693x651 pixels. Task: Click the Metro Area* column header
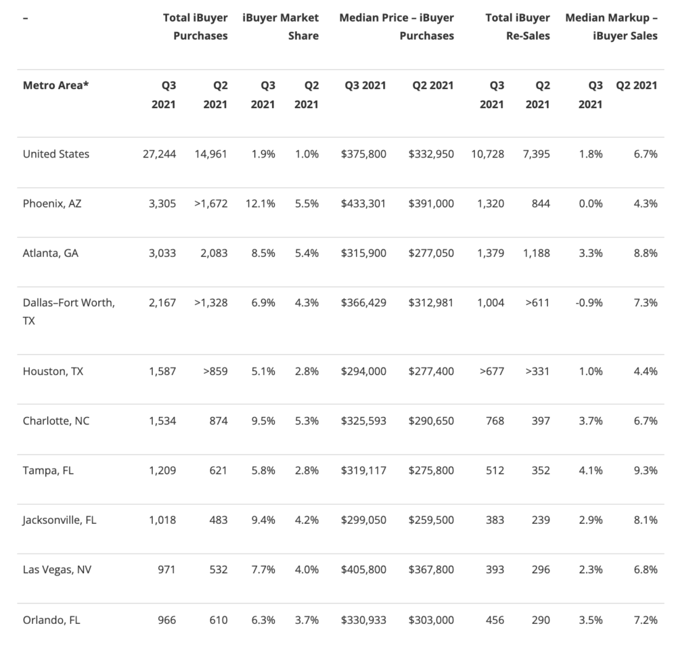tap(55, 85)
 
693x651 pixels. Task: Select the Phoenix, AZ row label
tap(52, 203)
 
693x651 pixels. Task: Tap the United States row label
tap(56, 154)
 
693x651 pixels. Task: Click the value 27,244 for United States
tap(159, 154)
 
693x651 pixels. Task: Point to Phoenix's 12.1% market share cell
tap(259, 203)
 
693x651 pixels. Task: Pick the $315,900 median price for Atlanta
tap(363, 253)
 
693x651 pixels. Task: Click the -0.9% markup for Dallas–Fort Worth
tap(589, 303)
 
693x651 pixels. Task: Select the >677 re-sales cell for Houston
tap(492, 371)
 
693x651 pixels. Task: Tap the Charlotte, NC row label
tap(56, 421)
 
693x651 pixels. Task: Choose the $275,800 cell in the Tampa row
tap(431, 471)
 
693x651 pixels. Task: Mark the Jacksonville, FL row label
tap(60, 520)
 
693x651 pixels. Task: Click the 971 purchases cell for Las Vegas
tap(166, 570)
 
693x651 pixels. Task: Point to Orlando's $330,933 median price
tap(363, 620)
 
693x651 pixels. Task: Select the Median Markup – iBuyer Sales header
tap(612, 26)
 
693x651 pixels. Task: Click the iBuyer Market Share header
tap(281, 26)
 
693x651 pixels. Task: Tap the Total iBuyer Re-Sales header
tap(518, 26)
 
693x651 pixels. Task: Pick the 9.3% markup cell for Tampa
tap(646, 471)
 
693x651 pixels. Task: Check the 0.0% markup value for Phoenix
tap(591, 203)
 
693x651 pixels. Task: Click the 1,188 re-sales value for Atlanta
tap(537, 253)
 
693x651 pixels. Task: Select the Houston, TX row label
tap(53, 371)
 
